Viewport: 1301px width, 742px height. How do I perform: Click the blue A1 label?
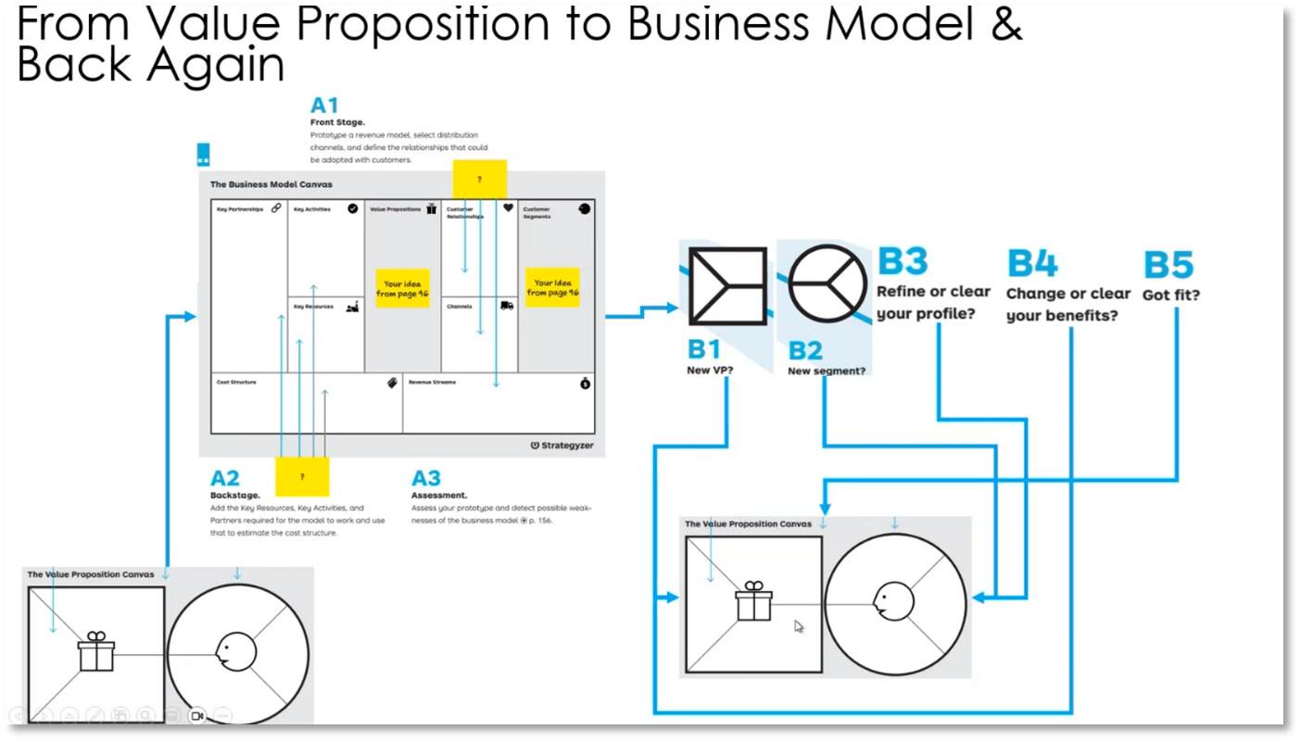[x=324, y=106]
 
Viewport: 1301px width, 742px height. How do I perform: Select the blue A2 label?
[x=225, y=478]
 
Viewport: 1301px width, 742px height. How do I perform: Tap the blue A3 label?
[x=426, y=478]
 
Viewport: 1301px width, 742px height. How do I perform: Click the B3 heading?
[x=903, y=262]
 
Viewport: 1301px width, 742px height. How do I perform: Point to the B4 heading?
[x=1032, y=264]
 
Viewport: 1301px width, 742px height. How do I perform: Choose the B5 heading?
[x=1168, y=265]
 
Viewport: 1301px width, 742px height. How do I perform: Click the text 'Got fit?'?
[x=1171, y=295]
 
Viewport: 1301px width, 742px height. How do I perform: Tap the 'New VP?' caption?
[x=710, y=371]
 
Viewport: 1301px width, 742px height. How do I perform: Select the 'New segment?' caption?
[x=827, y=371]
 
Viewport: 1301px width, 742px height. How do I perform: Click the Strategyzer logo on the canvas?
[x=562, y=446]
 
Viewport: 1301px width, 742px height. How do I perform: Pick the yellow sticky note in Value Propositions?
[x=402, y=288]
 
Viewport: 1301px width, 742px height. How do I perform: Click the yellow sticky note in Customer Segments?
[x=552, y=288]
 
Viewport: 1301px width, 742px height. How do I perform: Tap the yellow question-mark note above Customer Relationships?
[x=479, y=179]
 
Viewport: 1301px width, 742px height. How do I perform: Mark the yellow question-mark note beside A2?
[x=302, y=476]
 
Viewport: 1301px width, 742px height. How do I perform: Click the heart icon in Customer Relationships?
[x=508, y=208]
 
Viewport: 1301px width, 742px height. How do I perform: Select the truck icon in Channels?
[x=507, y=306]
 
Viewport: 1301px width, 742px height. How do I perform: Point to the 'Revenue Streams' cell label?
[x=432, y=382]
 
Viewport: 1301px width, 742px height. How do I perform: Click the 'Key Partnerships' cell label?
[x=240, y=209]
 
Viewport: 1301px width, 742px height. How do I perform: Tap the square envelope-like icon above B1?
[x=727, y=285]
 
